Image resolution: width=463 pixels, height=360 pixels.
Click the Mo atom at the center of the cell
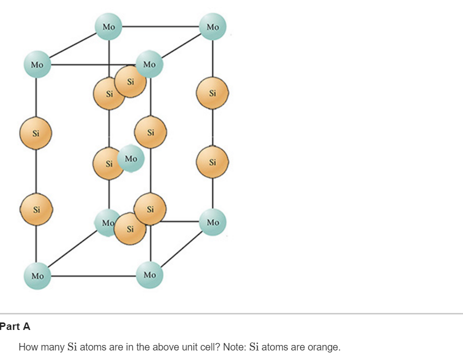131,160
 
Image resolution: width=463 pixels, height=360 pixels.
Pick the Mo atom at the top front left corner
37,65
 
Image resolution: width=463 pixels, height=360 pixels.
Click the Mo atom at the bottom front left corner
38,276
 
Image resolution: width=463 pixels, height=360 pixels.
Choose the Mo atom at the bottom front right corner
150,275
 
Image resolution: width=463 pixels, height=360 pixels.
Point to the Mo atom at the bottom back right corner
213,222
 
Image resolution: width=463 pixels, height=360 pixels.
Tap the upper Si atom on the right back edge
213,93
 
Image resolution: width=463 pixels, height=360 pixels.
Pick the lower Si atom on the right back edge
213,162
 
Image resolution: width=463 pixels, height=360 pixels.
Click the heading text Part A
15,327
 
